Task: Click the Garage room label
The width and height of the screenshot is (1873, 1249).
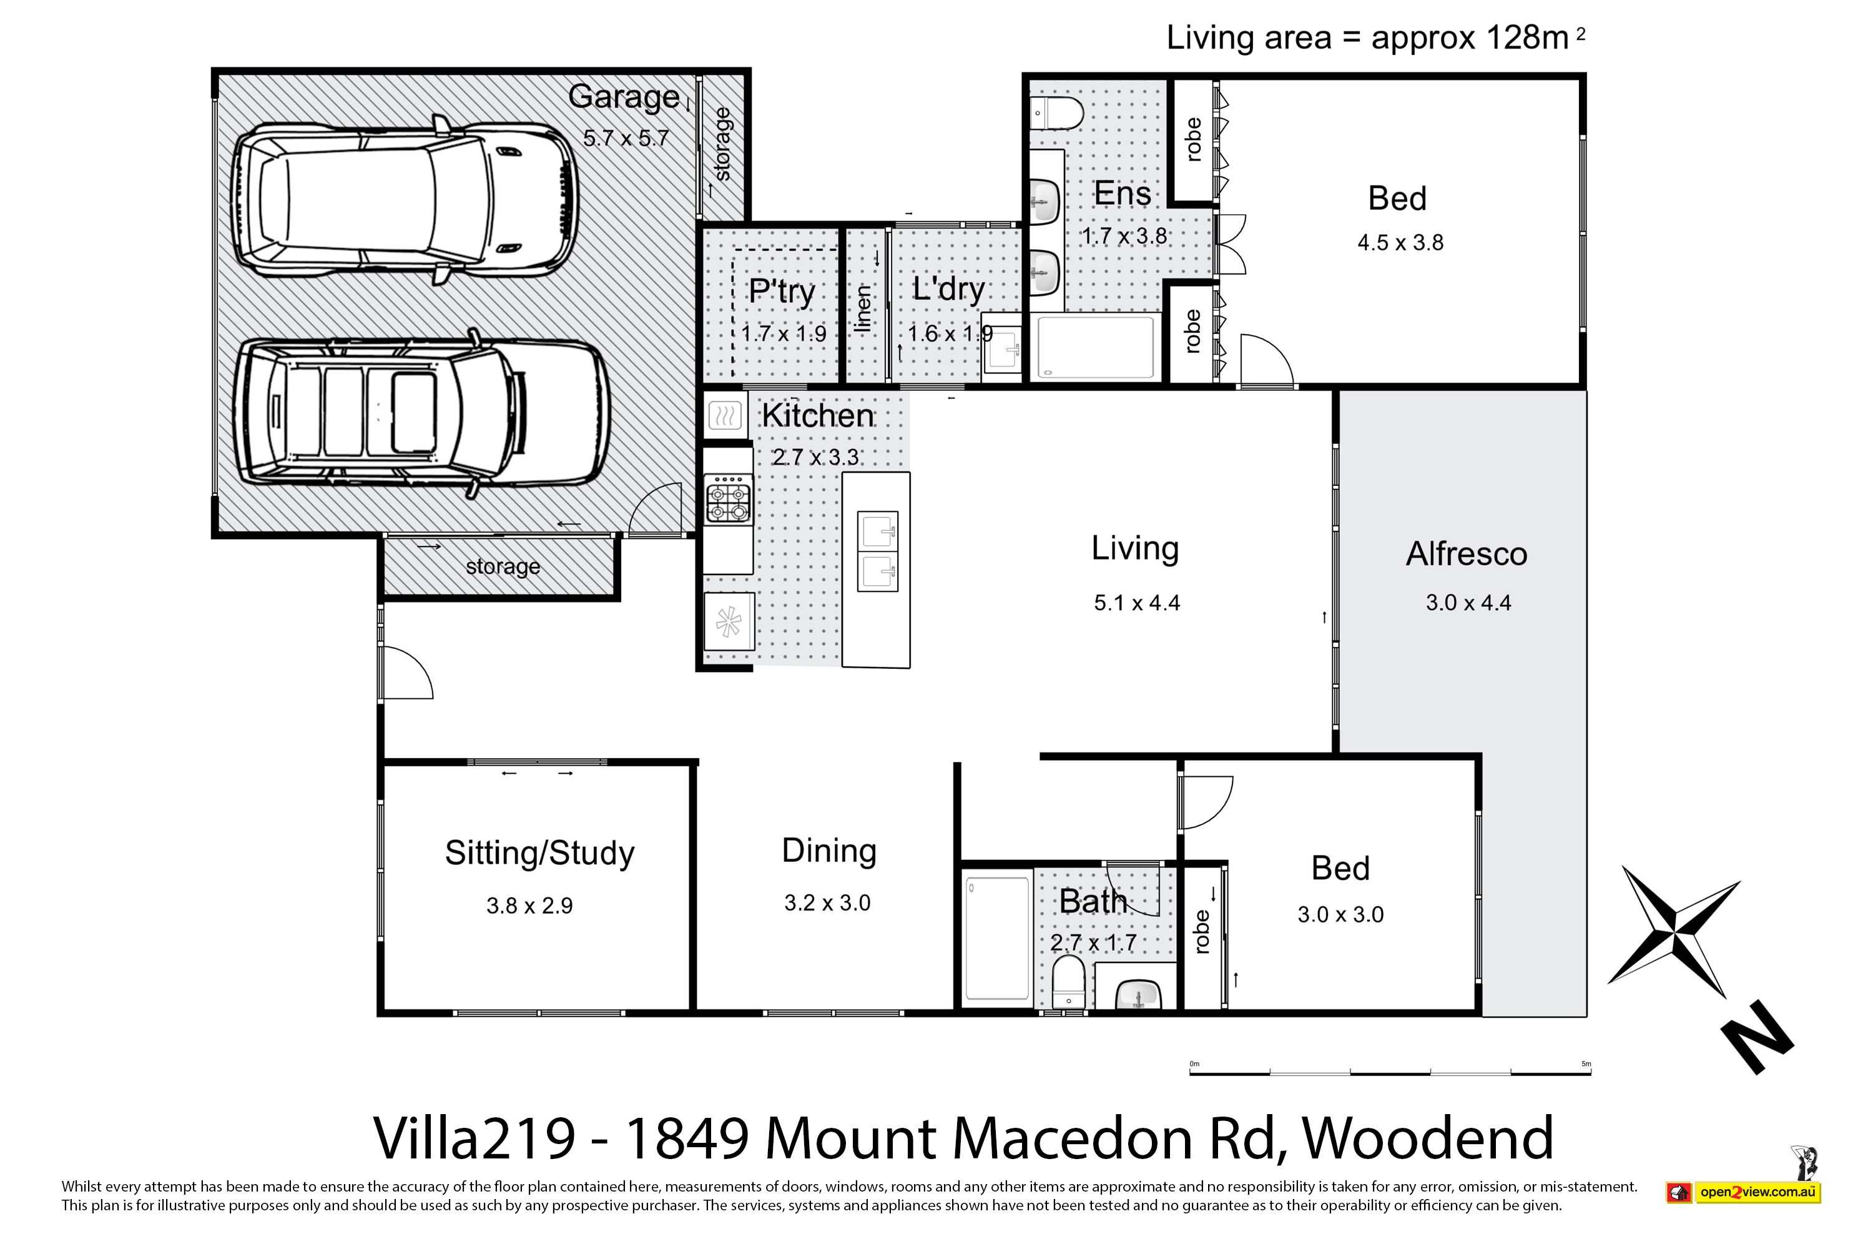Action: click(624, 97)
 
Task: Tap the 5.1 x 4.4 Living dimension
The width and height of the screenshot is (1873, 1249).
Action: click(1136, 603)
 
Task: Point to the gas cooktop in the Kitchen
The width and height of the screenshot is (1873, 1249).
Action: click(728, 500)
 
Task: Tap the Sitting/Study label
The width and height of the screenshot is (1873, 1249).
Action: click(539, 853)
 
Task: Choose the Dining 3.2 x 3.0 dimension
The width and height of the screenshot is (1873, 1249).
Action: click(827, 903)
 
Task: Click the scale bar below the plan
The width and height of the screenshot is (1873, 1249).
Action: click(1390, 1073)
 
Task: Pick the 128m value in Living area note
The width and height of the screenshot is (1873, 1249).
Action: click(1518, 37)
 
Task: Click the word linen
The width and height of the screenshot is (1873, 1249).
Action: click(863, 309)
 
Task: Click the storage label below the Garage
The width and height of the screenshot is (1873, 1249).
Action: click(503, 566)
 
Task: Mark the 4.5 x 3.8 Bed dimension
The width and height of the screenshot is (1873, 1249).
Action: click(1400, 242)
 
